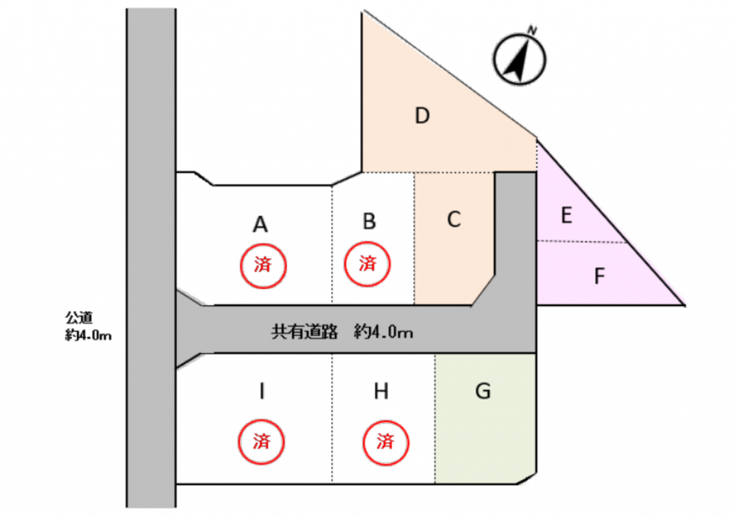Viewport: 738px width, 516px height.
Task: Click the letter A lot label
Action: (260, 224)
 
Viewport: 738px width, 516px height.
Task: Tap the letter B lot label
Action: (370, 221)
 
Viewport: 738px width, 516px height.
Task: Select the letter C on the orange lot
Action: (455, 219)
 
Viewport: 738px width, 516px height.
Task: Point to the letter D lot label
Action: (422, 116)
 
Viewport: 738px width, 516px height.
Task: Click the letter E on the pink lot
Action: (566, 215)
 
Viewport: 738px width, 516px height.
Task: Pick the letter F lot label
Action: (599, 277)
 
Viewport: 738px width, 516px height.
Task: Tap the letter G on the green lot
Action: (483, 391)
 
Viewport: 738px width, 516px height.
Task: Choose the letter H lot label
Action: (381, 391)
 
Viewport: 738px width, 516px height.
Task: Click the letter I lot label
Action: (261, 391)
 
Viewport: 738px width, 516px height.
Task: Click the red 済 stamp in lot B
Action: (367, 263)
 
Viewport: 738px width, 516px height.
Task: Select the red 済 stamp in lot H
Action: (384, 442)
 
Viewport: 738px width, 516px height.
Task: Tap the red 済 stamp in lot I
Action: (261, 442)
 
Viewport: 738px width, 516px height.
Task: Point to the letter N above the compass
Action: (531, 30)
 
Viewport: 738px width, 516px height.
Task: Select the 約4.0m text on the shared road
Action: (382, 332)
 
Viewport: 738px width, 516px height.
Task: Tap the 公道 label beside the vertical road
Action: (77, 318)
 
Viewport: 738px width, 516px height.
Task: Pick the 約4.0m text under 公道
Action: (89, 336)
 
